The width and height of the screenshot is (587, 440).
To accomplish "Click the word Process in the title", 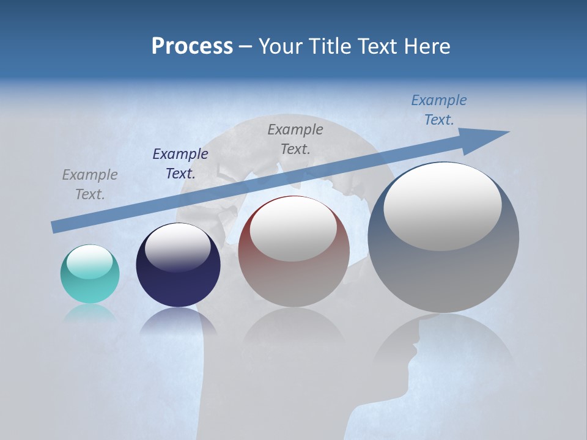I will click(x=192, y=46).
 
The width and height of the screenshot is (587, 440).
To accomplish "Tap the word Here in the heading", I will click(x=426, y=46).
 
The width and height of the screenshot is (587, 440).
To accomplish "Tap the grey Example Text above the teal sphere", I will click(x=90, y=185).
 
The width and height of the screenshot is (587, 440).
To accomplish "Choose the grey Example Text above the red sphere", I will click(x=295, y=139).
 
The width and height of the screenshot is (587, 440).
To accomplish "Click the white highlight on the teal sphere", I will click(x=89, y=262).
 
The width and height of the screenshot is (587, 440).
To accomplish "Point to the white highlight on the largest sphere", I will click(x=442, y=207).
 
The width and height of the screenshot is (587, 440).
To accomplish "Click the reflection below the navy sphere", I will click(x=178, y=322).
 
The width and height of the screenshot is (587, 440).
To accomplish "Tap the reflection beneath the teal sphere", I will click(x=90, y=312).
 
